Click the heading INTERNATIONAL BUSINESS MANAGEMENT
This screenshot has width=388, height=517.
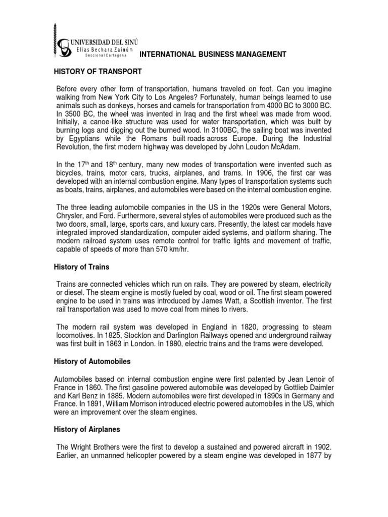[213, 54]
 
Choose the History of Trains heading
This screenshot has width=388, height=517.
[82, 267]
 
